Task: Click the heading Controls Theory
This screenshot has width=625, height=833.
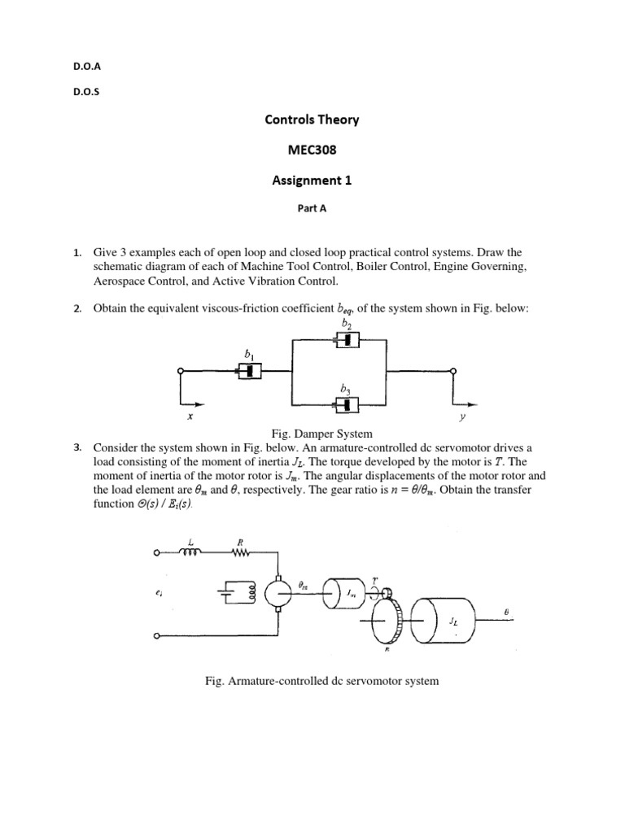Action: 312,120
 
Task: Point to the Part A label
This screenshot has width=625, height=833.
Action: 312,208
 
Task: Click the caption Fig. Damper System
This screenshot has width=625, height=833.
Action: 312,433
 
